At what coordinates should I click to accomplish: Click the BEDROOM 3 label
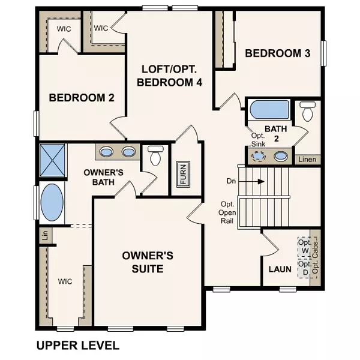(x=277, y=53)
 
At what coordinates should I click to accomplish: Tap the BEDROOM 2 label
(x=82, y=98)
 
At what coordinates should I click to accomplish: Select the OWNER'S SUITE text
(x=148, y=262)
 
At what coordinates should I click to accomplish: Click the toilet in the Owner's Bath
(x=155, y=155)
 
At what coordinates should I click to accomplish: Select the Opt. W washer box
(x=304, y=246)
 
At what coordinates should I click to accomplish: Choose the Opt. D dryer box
(x=304, y=268)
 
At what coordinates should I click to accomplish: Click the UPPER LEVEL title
(x=78, y=345)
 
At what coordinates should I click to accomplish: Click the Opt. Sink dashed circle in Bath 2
(x=260, y=156)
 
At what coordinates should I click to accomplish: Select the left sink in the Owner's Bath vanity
(x=105, y=152)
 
